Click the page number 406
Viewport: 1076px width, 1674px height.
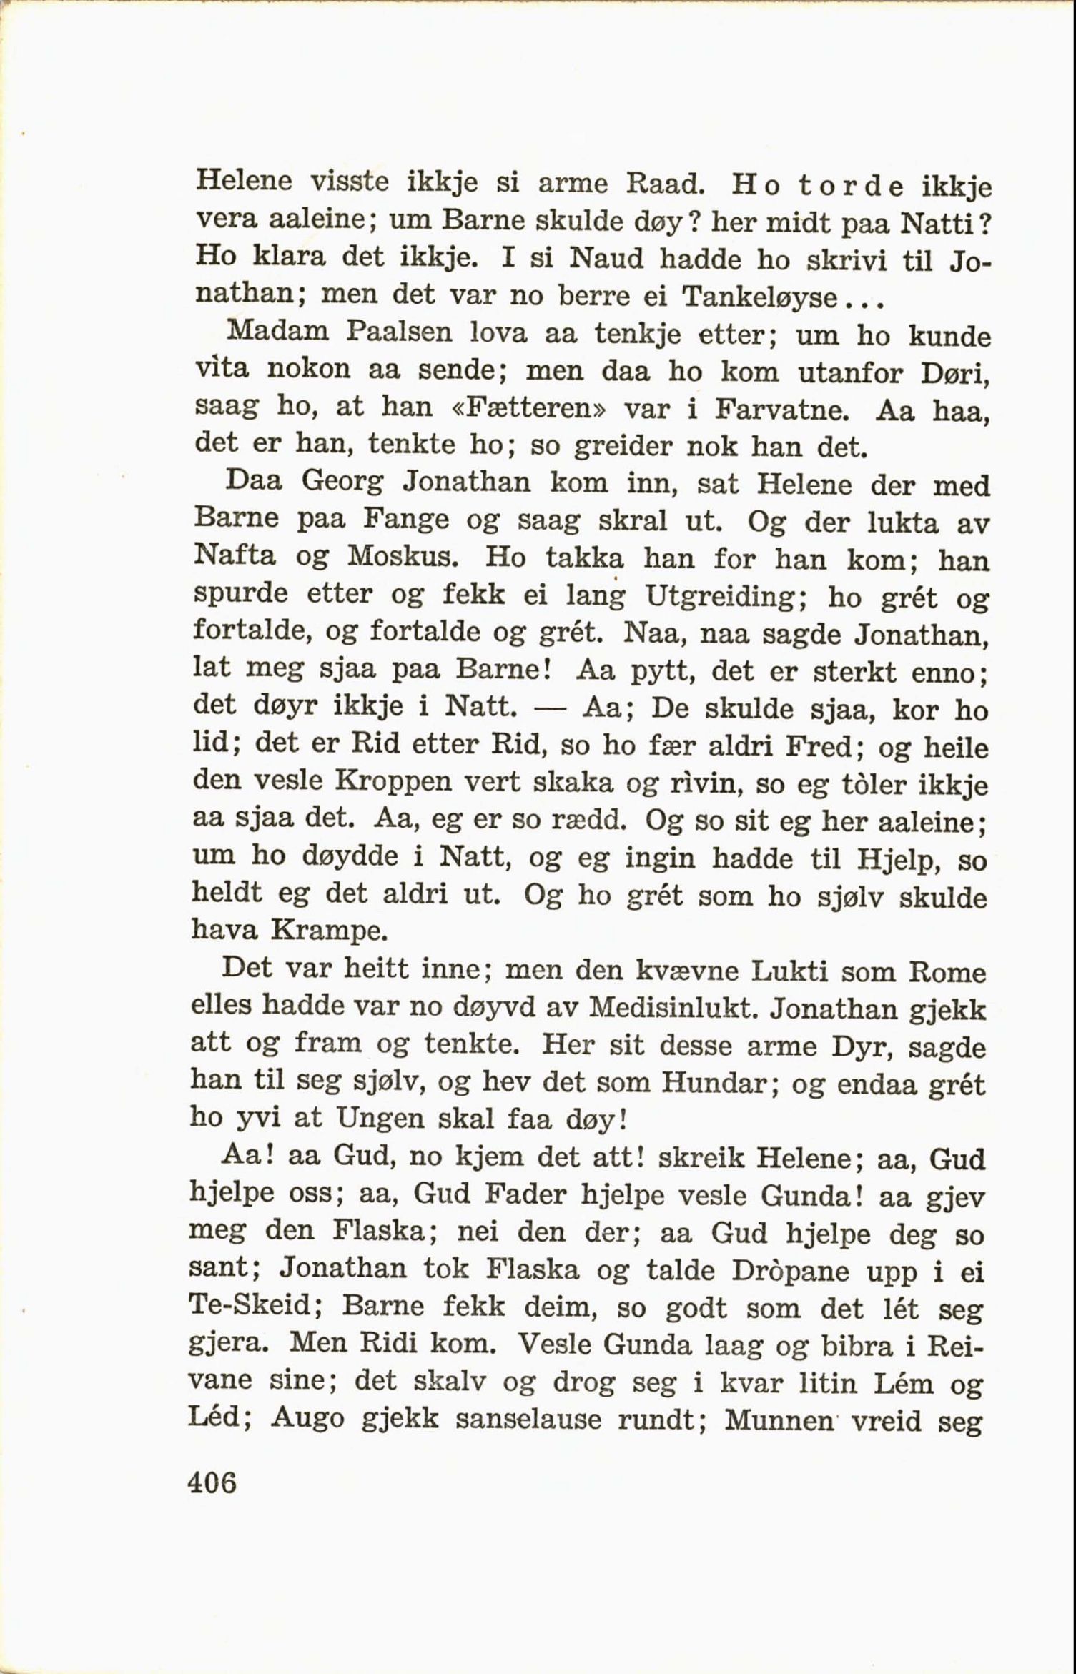[212, 1484]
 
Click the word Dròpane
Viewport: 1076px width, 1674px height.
[790, 1270]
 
